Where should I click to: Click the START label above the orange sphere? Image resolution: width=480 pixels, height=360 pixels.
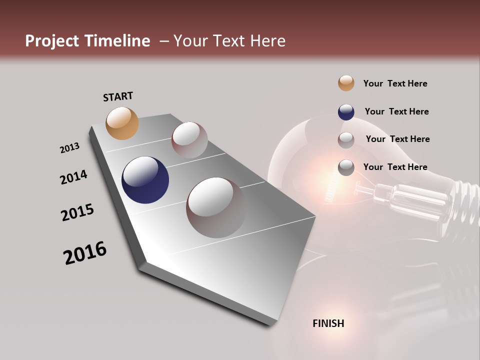pos(118,96)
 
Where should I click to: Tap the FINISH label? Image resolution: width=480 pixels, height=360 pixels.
pos(328,323)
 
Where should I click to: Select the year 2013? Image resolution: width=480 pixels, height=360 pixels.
pos(69,148)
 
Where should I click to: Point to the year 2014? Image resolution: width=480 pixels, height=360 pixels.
pos(73,177)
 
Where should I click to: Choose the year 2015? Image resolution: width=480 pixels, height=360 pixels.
pos(77,213)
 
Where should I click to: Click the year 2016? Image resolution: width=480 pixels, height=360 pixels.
pos(85,253)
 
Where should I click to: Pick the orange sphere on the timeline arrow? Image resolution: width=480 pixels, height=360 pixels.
pos(122,123)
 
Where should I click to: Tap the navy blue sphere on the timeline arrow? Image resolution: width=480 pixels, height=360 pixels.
pos(145,180)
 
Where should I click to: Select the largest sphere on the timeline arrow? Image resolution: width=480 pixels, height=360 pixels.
pos(216,207)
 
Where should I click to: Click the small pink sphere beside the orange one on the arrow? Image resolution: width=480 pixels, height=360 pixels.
pos(189,139)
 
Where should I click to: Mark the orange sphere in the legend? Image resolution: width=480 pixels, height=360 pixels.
pos(346,83)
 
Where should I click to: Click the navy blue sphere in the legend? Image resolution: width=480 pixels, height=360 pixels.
pos(346,111)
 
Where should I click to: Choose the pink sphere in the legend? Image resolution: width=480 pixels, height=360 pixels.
pos(346,139)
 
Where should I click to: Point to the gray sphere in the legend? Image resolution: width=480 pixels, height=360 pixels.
pos(346,167)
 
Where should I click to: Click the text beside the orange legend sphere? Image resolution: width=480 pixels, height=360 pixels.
pos(395,83)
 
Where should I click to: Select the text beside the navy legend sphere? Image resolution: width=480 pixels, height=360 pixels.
pos(396,111)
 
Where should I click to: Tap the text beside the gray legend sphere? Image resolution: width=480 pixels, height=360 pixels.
pos(395,167)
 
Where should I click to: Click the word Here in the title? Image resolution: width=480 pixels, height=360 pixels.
pos(268,41)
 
